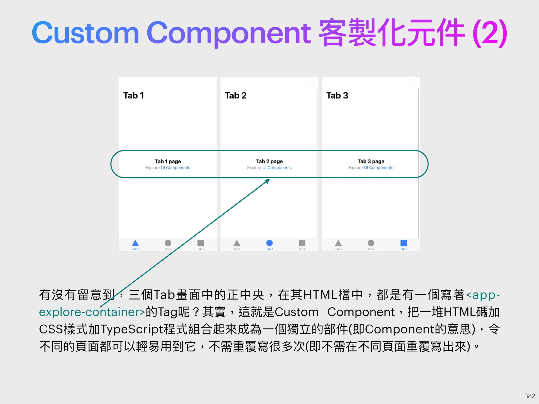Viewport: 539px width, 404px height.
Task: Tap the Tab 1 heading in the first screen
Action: [x=133, y=95]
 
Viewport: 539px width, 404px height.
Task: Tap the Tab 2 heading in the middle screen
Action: [x=236, y=95]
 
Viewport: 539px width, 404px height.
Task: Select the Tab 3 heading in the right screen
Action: [x=337, y=95]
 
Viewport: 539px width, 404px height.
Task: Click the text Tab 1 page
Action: [x=168, y=161]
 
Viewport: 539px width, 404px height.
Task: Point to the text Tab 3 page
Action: [x=371, y=161]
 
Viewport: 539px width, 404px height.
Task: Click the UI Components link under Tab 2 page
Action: [x=277, y=168]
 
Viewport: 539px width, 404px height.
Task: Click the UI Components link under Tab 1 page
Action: [x=175, y=168]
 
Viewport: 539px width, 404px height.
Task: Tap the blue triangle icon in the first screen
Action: [x=135, y=243]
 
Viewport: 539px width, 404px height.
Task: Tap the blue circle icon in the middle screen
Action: [x=269, y=243]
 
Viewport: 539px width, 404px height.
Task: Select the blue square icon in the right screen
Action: [x=403, y=243]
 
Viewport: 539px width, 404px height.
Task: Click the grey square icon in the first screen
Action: [x=201, y=243]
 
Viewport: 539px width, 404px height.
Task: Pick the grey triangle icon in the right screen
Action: [x=338, y=243]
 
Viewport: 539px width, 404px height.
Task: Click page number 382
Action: [x=530, y=396]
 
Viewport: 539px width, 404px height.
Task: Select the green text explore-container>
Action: [x=92, y=312]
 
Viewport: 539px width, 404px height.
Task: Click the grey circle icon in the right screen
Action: [x=371, y=243]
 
